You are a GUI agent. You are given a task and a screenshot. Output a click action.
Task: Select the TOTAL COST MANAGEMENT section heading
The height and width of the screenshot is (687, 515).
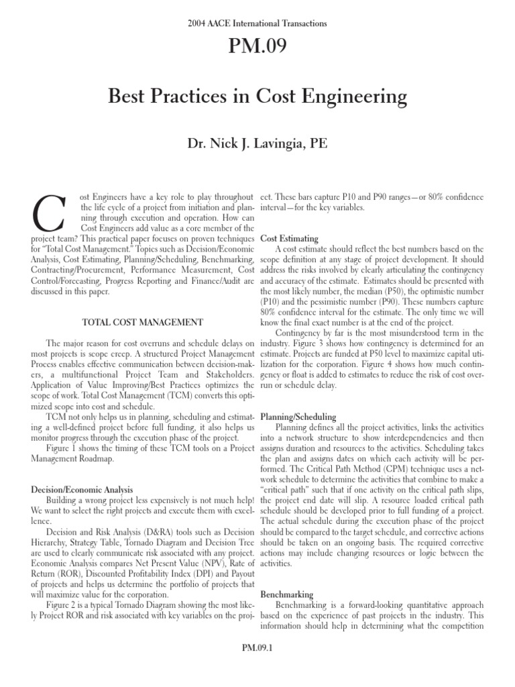[x=142, y=322]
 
